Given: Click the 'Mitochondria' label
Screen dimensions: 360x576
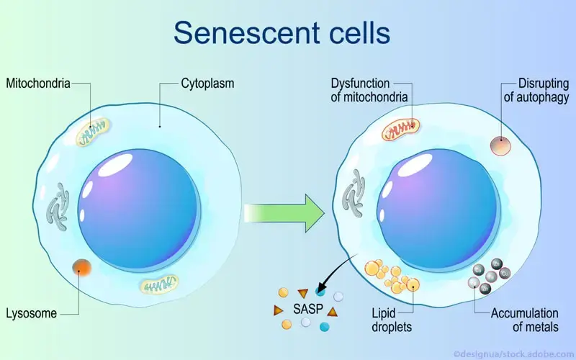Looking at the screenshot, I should click(x=38, y=84).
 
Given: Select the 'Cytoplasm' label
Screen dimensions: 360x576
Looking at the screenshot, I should click(x=207, y=84).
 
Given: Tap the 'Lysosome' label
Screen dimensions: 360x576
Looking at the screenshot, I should click(x=32, y=314).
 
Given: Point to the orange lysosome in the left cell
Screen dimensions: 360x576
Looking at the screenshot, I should click(x=81, y=269).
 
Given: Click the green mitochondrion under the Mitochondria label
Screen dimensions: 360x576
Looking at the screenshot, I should click(x=96, y=132).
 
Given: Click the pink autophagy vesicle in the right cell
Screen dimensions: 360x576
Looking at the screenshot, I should click(x=501, y=145).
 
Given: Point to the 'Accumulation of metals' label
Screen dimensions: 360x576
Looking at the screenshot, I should click(x=524, y=320).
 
